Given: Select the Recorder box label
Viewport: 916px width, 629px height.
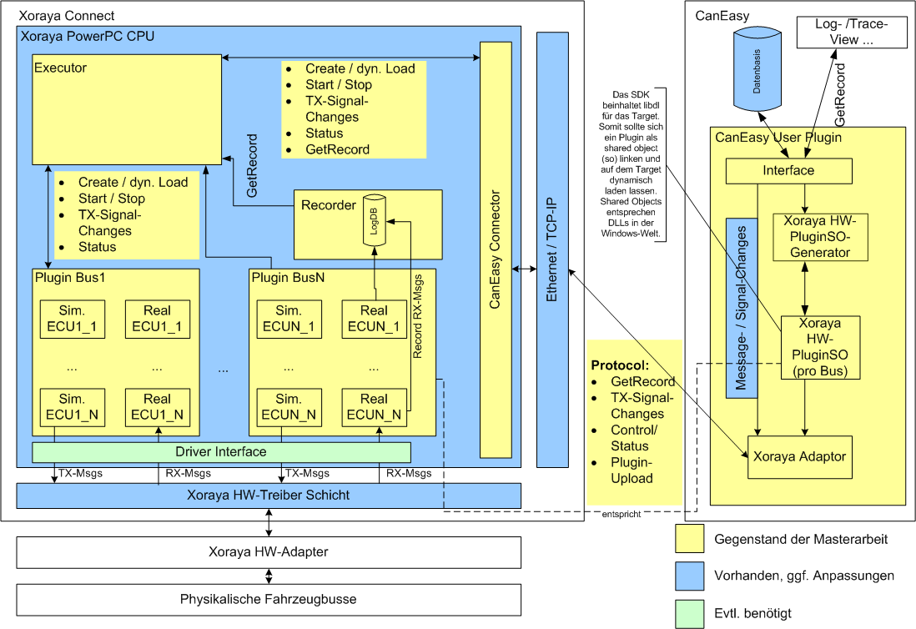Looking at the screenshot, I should [x=329, y=205].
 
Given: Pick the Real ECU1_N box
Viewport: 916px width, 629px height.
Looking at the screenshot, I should [x=157, y=407].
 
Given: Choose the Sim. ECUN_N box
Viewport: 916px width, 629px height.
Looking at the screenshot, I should [x=289, y=407].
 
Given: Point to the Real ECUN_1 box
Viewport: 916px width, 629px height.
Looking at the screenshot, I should [x=374, y=319].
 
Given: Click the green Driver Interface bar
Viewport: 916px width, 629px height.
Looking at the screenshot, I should [x=221, y=452].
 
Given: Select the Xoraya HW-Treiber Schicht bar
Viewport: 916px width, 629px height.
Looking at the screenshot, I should [x=268, y=496].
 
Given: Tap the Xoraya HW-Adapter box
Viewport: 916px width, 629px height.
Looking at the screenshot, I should [x=268, y=552].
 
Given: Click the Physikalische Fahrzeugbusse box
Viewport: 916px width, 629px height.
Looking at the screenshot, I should [x=268, y=600].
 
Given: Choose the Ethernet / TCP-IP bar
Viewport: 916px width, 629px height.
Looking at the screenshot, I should [x=551, y=249].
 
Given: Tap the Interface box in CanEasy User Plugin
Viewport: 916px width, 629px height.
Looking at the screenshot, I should [x=788, y=171].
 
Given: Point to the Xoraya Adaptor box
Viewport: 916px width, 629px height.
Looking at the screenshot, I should [x=799, y=456].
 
